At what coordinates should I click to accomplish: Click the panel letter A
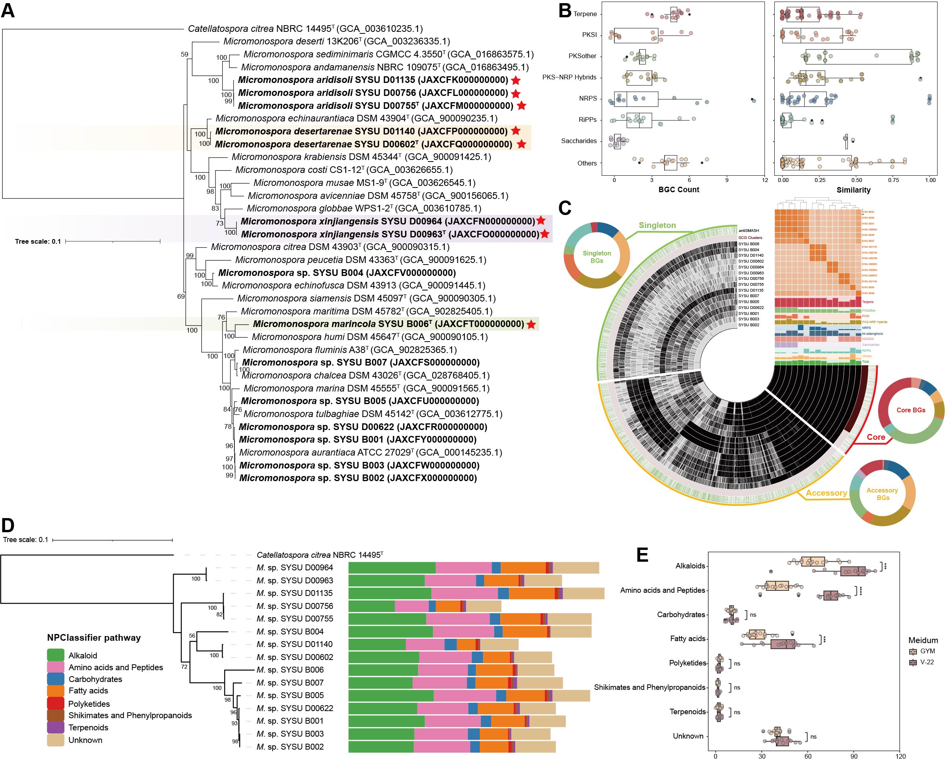click(8, 11)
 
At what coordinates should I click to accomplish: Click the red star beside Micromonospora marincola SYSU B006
click(531, 324)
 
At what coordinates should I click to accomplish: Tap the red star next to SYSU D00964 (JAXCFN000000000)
click(541, 221)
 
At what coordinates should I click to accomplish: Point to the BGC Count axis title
click(678, 190)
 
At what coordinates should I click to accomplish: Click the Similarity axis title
click(853, 190)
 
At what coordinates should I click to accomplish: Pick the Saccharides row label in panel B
click(579, 141)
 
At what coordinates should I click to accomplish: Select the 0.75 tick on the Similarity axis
click(893, 180)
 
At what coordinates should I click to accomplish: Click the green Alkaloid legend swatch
click(55, 655)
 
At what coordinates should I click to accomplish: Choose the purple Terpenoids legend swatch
click(55, 727)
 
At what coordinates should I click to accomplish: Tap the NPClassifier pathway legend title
click(94, 638)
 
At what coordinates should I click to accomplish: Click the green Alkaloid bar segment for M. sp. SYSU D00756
click(371, 606)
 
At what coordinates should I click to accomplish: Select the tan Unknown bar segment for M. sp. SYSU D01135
click(583, 593)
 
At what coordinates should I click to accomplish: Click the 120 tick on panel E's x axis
click(900, 756)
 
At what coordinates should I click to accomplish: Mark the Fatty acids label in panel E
click(687, 639)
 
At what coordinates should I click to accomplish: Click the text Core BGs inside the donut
click(911, 410)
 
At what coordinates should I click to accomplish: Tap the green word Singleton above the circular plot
click(657, 225)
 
